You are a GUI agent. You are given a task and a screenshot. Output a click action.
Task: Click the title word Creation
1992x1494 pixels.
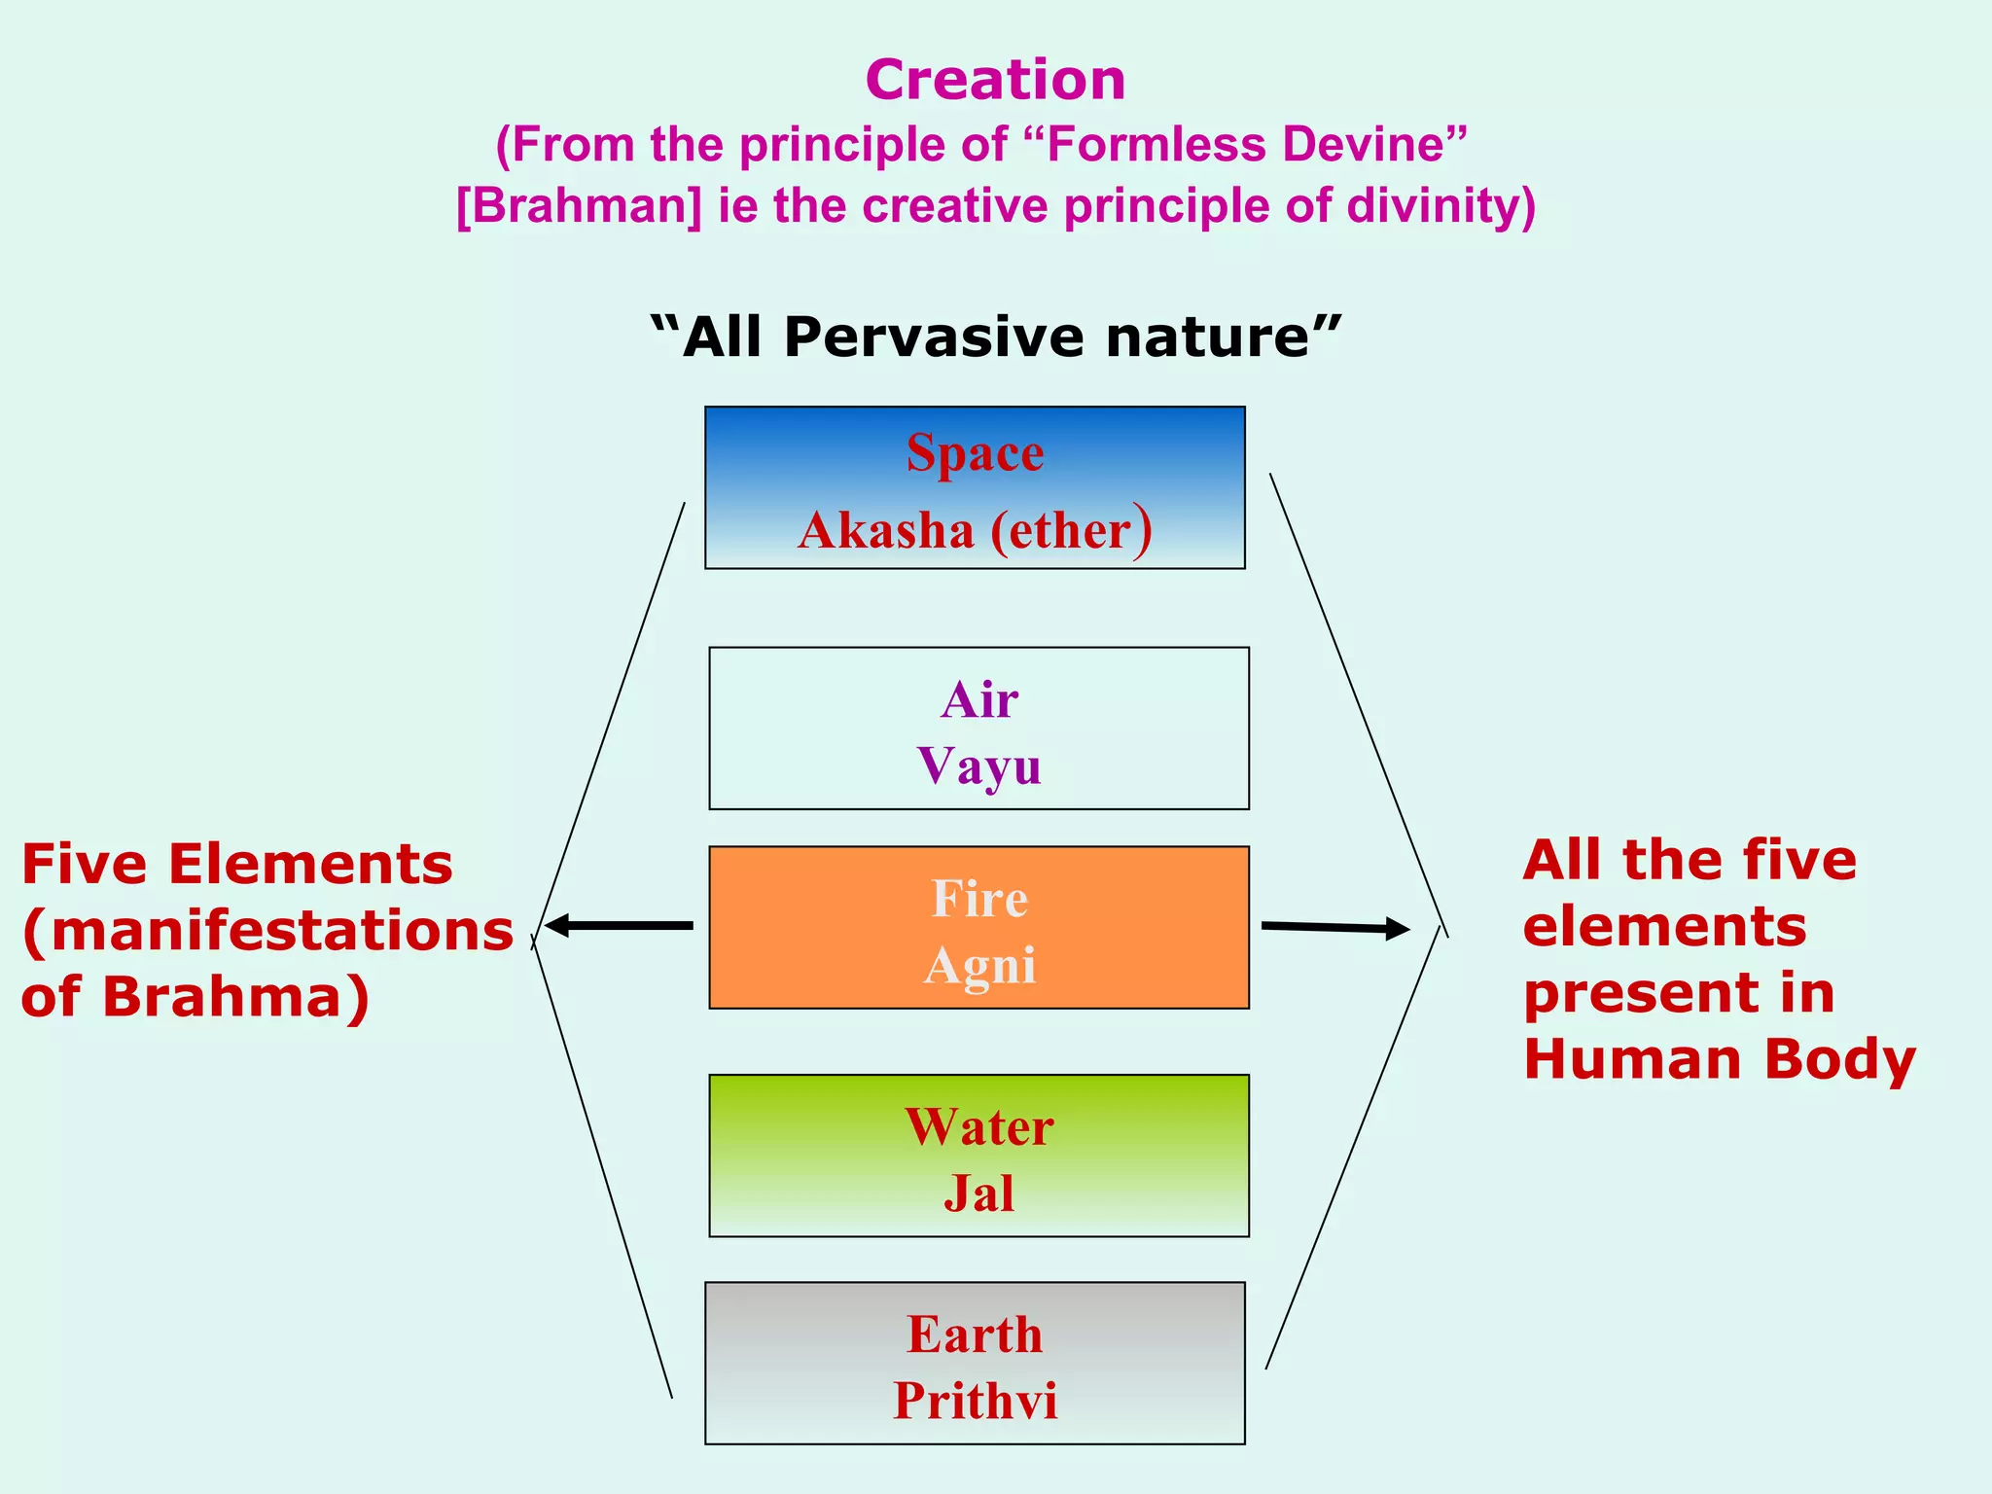coord(995,80)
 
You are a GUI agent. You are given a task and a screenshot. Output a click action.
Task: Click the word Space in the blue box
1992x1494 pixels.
coord(975,453)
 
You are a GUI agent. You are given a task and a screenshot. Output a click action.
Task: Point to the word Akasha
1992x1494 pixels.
coord(885,531)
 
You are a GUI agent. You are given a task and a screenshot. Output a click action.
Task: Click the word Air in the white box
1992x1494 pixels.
coord(978,700)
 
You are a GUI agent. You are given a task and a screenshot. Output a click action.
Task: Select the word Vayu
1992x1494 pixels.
coord(978,766)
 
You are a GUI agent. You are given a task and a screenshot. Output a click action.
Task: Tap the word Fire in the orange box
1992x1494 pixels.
coord(978,899)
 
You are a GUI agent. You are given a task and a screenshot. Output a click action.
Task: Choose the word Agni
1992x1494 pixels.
coord(978,966)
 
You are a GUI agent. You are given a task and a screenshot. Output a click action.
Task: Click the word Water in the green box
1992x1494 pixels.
coord(978,1127)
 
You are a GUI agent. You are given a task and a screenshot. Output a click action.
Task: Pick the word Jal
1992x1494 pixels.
coord(978,1193)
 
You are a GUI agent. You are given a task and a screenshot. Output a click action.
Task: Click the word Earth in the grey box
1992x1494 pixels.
coord(975,1334)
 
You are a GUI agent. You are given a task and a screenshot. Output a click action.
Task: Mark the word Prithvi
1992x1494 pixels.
coord(975,1402)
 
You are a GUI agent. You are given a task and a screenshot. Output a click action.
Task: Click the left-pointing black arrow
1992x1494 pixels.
coord(619,926)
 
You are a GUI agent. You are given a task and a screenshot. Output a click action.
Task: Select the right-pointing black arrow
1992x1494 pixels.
coord(1334,928)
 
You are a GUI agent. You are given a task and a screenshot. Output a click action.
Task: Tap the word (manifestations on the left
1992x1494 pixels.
coord(267,932)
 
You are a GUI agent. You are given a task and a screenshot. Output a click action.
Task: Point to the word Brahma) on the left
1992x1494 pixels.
coord(236,998)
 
